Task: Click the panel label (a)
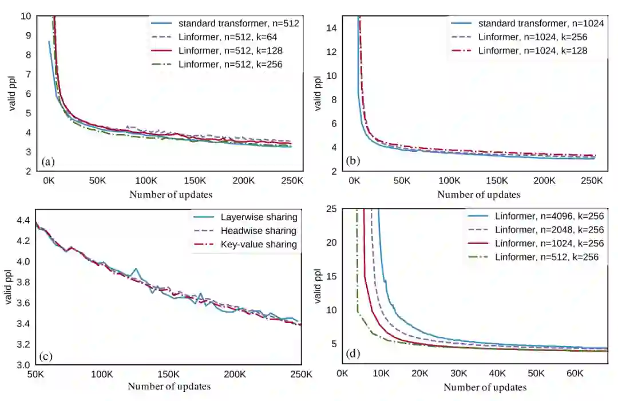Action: [x=48, y=162]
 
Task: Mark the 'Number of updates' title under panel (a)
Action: [x=171, y=194]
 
